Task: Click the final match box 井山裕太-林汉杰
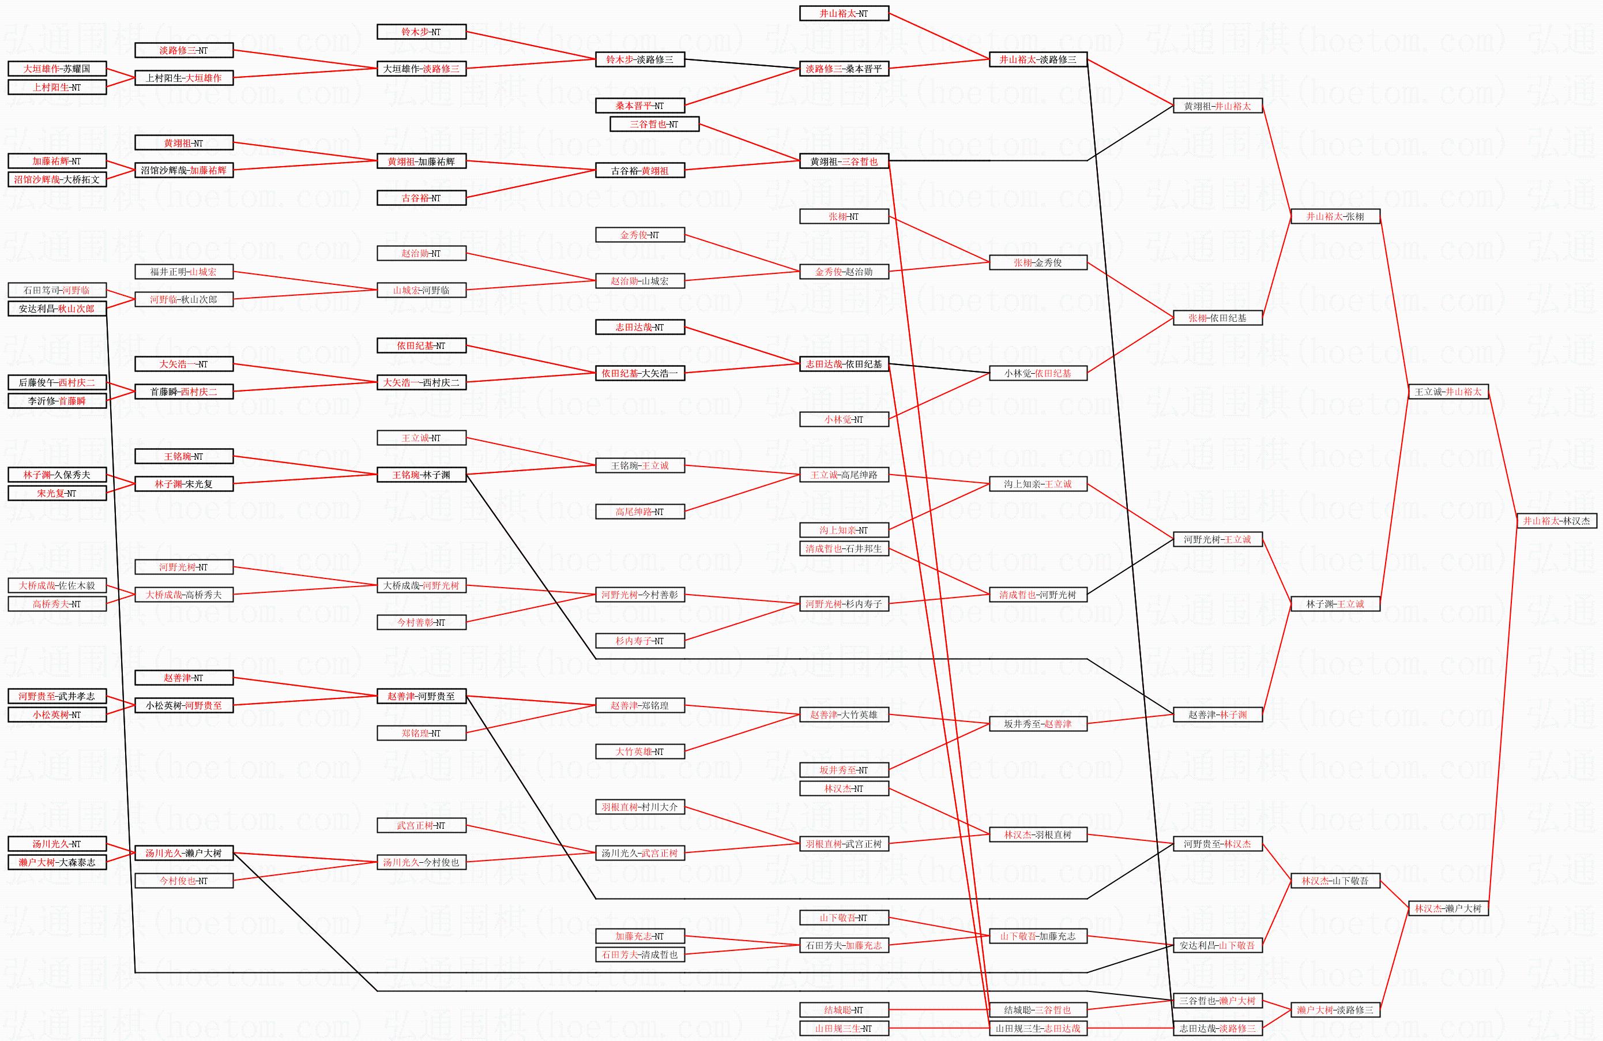pos(1556,521)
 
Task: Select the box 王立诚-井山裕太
pos(1448,392)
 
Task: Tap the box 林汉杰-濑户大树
pos(1448,908)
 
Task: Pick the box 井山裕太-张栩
pos(1335,216)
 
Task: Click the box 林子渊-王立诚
pos(1335,604)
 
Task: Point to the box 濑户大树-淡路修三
pos(1335,1010)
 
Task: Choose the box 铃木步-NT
pos(421,32)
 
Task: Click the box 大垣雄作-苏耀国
pos(57,69)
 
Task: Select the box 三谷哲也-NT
pos(654,124)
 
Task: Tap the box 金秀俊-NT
pos(640,235)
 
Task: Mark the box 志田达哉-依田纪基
pos(844,364)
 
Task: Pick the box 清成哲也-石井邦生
pos(844,548)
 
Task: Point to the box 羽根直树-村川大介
pos(640,806)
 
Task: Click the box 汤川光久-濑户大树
pos(184,853)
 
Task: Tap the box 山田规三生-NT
pos(844,1028)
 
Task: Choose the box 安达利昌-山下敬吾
pos(1217,945)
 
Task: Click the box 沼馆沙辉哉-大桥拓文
pos(57,179)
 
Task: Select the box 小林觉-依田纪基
pos(1038,373)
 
